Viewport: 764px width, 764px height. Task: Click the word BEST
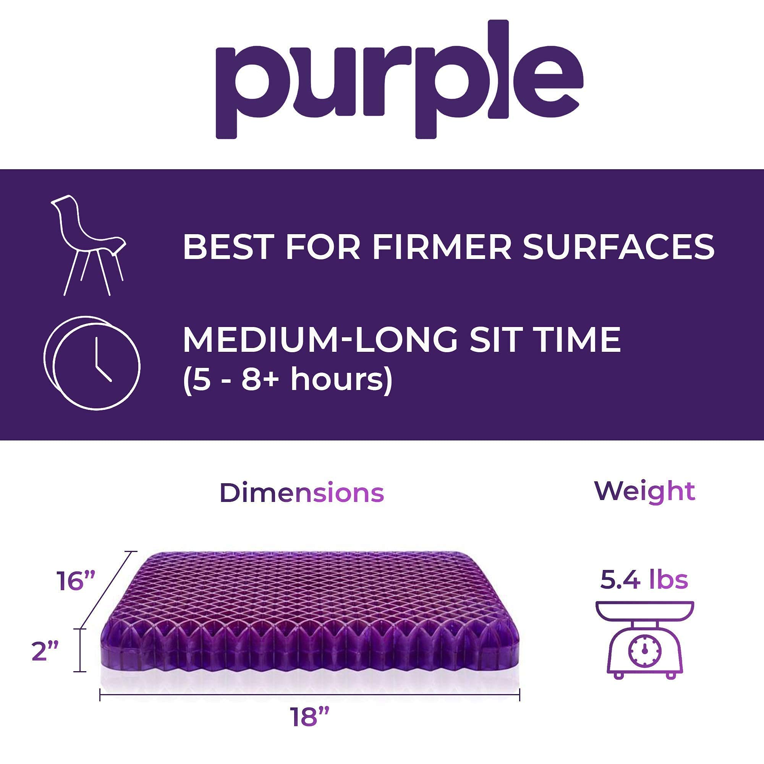(227, 247)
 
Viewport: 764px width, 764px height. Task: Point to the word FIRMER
(441, 247)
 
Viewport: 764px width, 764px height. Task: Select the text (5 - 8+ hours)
(288, 380)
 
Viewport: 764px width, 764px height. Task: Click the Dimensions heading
(301, 493)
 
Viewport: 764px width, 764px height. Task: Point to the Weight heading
(644, 492)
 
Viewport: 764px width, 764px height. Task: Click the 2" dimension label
(45, 651)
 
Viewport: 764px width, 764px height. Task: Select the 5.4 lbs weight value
(644, 579)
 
